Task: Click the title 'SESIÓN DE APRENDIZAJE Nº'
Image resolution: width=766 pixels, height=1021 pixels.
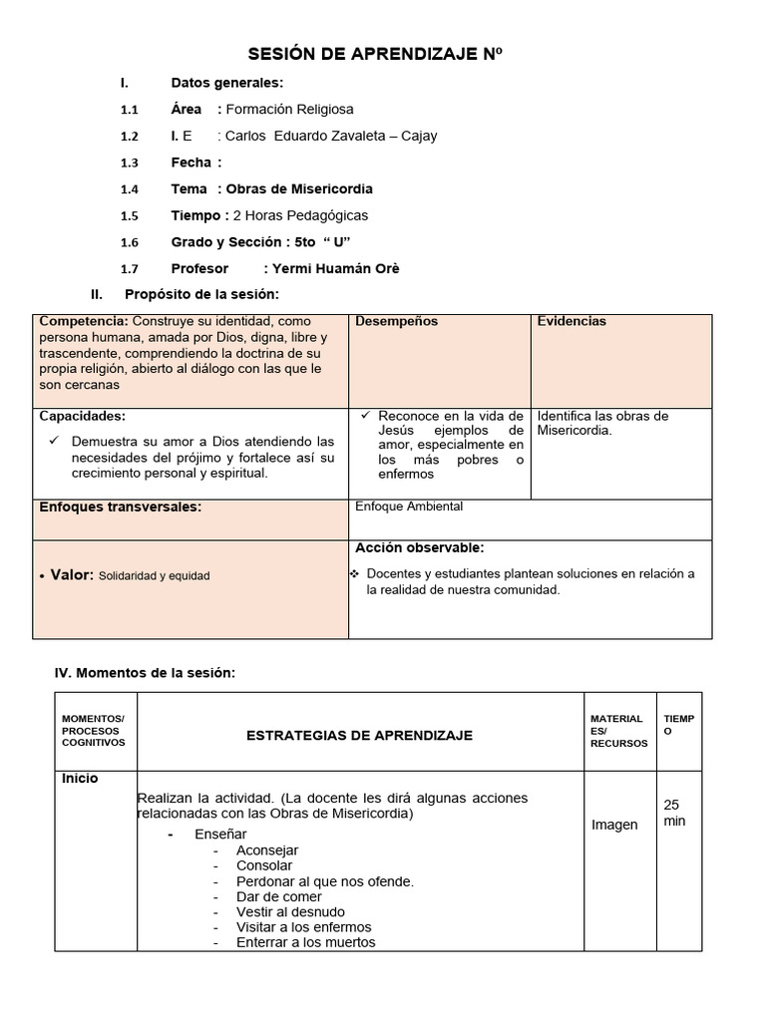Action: coord(383,56)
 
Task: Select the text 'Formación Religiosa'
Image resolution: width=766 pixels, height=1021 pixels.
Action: coord(289,110)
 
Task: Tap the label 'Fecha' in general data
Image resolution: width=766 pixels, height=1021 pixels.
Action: coord(191,163)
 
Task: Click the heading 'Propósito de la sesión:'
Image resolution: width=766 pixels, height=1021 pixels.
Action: coord(201,294)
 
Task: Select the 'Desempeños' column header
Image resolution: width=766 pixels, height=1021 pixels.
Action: coord(396,322)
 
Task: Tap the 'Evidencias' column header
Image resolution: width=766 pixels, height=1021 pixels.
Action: coord(572,322)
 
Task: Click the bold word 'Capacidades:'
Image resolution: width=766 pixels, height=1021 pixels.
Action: coord(83,417)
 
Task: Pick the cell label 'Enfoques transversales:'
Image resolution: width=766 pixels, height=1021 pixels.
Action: coord(120,508)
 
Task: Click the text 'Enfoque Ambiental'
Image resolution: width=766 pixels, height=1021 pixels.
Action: coord(409,507)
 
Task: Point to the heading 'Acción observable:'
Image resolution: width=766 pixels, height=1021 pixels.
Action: coord(420,548)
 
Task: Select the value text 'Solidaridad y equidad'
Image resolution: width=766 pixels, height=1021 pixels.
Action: coord(155,576)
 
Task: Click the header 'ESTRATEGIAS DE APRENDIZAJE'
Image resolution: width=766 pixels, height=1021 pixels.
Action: coord(359,736)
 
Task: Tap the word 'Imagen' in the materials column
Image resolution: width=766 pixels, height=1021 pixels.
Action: coord(614,825)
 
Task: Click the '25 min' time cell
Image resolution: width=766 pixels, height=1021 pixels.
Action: coord(675,813)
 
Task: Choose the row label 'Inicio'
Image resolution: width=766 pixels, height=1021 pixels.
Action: coord(80,779)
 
